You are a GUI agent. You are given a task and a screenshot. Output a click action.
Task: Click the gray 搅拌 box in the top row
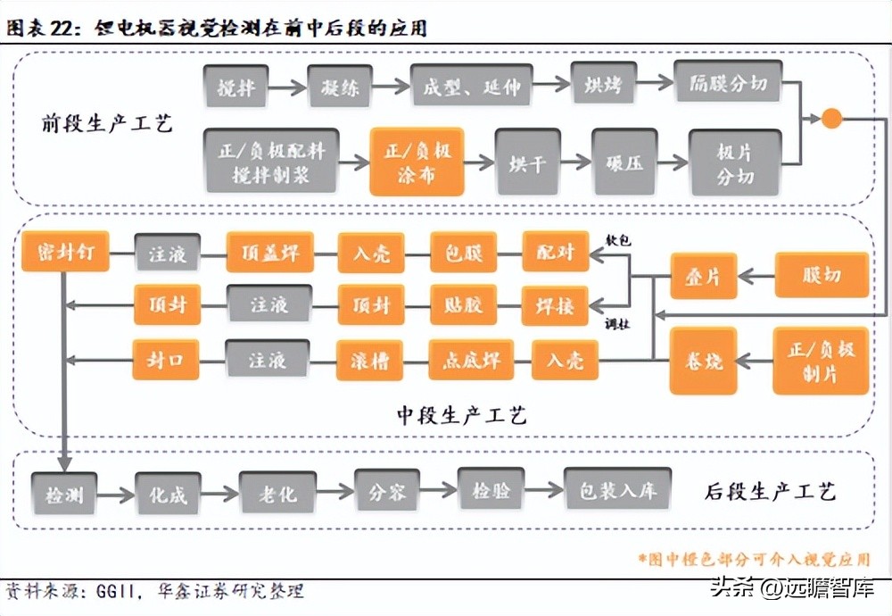click(x=236, y=87)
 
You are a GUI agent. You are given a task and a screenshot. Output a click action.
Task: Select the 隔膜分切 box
click(x=728, y=84)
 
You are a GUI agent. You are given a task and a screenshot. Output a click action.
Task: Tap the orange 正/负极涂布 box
click(x=417, y=162)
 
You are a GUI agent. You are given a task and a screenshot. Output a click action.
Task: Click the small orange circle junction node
click(x=830, y=118)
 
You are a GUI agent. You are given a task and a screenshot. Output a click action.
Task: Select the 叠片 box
click(x=705, y=275)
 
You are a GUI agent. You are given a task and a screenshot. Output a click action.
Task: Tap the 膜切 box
click(x=820, y=274)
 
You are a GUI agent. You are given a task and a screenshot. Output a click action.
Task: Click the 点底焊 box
click(x=472, y=360)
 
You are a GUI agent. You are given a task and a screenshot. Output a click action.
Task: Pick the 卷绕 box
click(x=703, y=362)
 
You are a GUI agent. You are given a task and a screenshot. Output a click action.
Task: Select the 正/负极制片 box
click(x=820, y=361)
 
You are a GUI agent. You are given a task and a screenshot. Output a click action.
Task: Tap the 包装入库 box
click(x=615, y=489)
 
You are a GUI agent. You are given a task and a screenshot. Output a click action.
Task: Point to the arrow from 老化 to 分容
click(x=335, y=490)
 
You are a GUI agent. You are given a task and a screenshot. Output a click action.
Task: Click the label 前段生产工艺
click(x=107, y=124)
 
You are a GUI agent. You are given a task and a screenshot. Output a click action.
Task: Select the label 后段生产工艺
click(x=770, y=491)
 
